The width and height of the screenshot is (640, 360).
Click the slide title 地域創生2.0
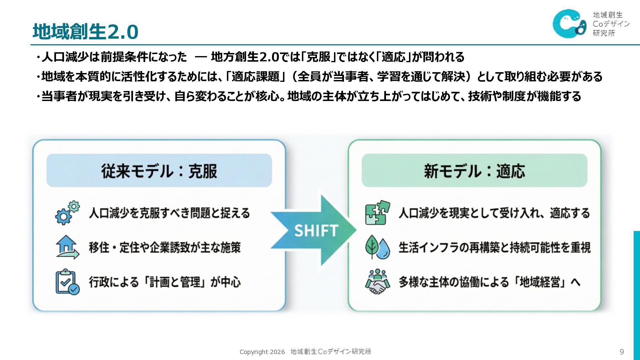click(85, 32)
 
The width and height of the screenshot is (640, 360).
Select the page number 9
click(622, 352)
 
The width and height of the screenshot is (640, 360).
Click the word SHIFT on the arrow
click(316, 231)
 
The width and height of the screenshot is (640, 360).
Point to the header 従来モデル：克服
click(159, 171)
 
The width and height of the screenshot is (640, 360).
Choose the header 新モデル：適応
click(474, 171)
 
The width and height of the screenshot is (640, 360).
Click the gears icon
click(68, 213)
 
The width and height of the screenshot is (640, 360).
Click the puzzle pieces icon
click(377, 213)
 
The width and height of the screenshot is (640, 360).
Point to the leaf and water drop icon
click(377, 247)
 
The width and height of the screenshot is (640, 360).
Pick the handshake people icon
click(377, 282)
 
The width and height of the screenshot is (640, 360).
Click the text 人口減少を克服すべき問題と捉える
click(169, 213)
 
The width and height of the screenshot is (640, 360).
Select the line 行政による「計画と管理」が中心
click(165, 282)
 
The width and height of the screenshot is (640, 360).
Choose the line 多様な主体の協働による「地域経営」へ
click(489, 282)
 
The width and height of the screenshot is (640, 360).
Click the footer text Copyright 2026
click(262, 352)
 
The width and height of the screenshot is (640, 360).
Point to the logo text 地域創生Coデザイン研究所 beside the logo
click(611, 24)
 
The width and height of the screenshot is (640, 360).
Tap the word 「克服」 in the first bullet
click(318, 57)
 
